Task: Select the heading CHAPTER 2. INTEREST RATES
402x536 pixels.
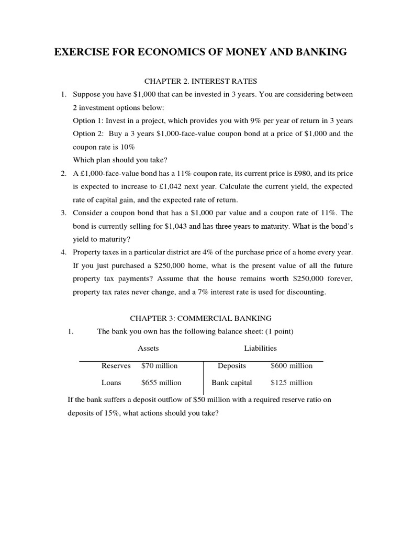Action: pos(200,81)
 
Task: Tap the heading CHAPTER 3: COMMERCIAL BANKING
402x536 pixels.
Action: pos(200,318)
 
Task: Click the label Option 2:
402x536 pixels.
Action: pos(87,134)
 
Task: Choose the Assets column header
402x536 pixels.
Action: pos(148,348)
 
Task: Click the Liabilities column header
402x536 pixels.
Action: pos(260,348)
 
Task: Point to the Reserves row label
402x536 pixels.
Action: pos(116,366)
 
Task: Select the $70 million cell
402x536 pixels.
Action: pos(160,366)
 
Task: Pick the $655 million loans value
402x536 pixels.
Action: pos(162,383)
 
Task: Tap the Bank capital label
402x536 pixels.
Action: pos(231,383)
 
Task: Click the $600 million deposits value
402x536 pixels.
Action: pos(291,366)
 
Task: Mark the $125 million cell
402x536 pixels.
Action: pos(291,383)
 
